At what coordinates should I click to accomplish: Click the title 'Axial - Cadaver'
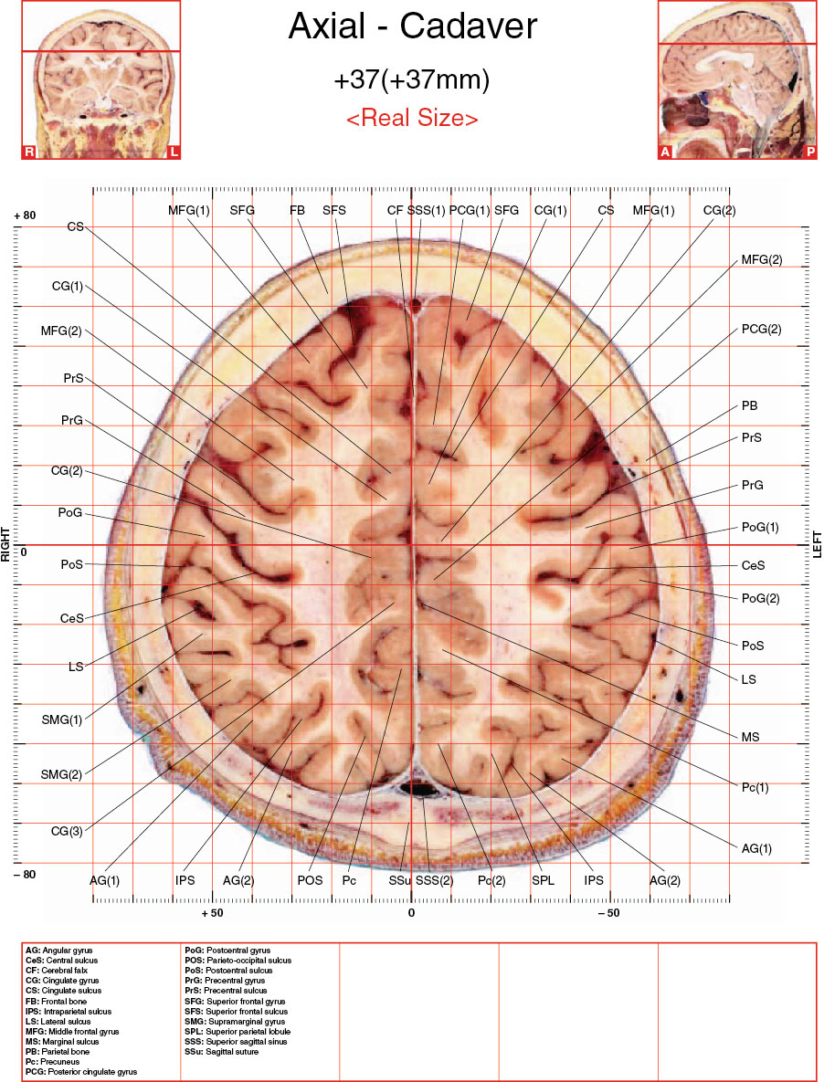[412, 26]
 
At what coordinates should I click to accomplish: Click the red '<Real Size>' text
[412, 117]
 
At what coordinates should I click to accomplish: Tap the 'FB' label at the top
[298, 210]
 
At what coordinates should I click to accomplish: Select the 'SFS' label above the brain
[334, 210]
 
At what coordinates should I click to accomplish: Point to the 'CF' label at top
[395, 210]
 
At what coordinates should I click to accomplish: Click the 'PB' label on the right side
[749, 405]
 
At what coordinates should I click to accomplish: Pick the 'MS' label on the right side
[750, 737]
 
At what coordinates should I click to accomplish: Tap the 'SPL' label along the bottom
[544, 880]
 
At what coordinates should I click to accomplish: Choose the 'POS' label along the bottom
[310, 880]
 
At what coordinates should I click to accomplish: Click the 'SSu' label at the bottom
[399, 880]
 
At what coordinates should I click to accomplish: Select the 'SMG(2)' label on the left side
[61, 774]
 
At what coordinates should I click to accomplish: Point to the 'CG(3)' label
[67, 831]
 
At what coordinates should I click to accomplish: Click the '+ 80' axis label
[25, 215]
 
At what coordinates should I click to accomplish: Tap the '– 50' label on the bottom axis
[608, 913]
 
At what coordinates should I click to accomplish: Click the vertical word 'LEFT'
[818, 545]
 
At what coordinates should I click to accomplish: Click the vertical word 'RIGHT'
[5, 544]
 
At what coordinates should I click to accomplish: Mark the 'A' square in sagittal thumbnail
[665, 152]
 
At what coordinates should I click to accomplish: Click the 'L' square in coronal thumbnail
[174, 152]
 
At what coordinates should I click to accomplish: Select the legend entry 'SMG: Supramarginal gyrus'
[235, 1021]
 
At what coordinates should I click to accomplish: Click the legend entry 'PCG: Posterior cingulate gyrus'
[80, 1072]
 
